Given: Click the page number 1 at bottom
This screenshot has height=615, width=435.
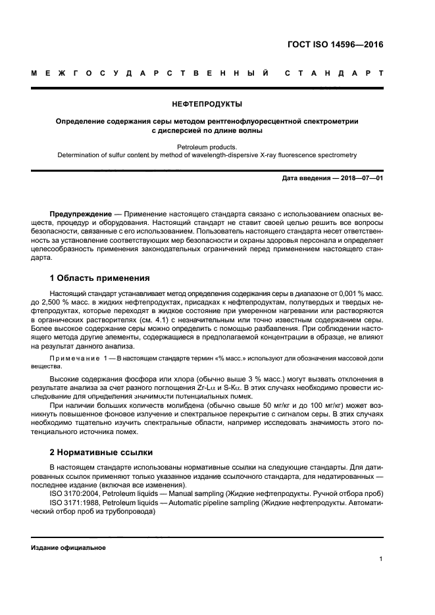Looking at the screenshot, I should pyautogui.click(x=381, y=559).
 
